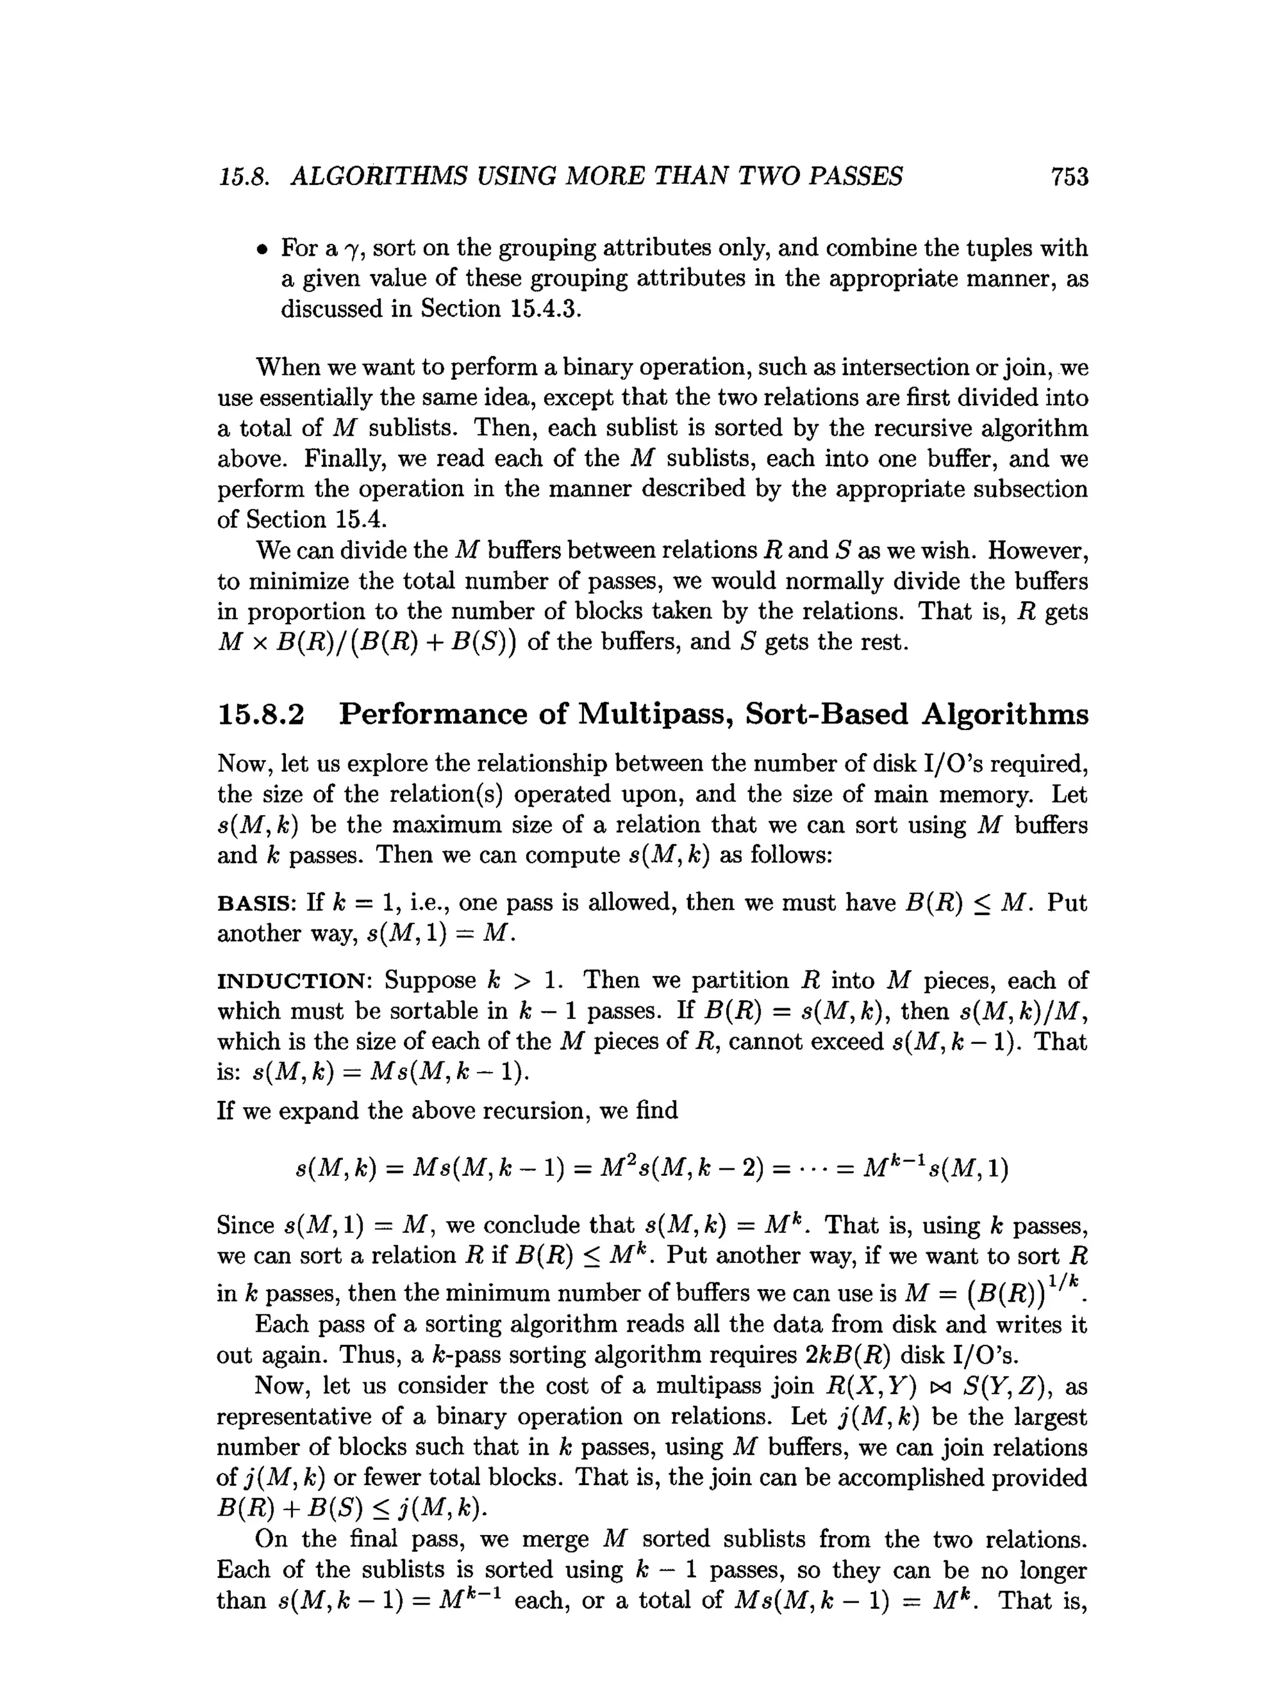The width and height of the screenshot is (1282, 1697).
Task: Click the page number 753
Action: click(x=1069, y=177)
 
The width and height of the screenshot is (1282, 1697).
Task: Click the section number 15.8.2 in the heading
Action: click(x=261, y=714)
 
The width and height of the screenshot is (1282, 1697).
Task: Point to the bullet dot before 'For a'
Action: click(x=262, y=250)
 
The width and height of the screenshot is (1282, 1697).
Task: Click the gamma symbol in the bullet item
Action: click(x=352, y=250)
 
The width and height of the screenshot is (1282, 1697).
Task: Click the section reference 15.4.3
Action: click(x=541, y=309)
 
